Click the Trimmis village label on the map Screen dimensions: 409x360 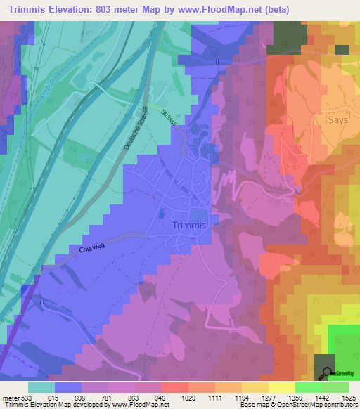[188, 226]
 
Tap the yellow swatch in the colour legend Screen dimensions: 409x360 [282, 387]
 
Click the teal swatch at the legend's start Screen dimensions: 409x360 [41, 387]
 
